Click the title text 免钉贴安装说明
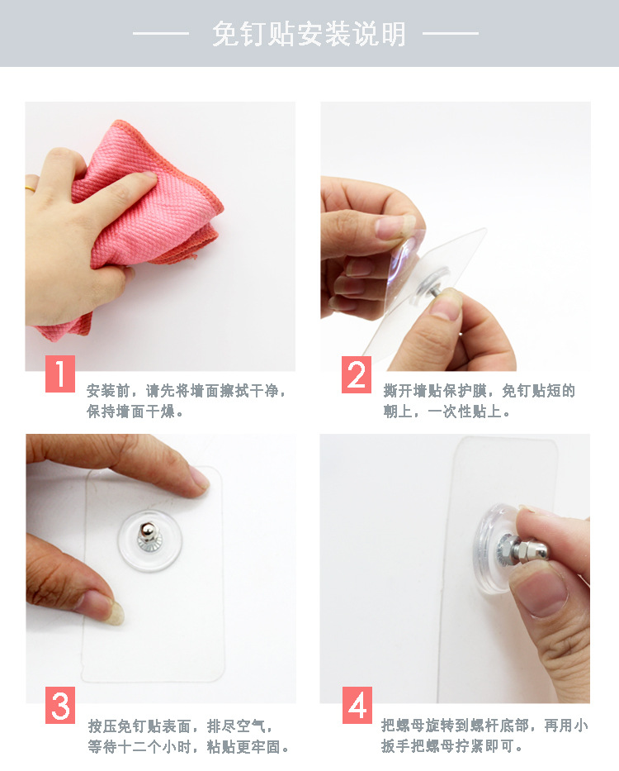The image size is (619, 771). pyautogui.click(x=309, y=34)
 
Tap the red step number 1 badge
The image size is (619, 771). pyautogui.click(x=60, y=374)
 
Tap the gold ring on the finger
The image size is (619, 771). pyautogui.click(x=31, y=188)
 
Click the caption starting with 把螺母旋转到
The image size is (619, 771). pyautogui.click(x=484, y=735)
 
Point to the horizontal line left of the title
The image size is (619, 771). pyautogui.click(x=161, y=34)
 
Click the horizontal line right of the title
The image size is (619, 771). pyautogui.click(x=451, y=34)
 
